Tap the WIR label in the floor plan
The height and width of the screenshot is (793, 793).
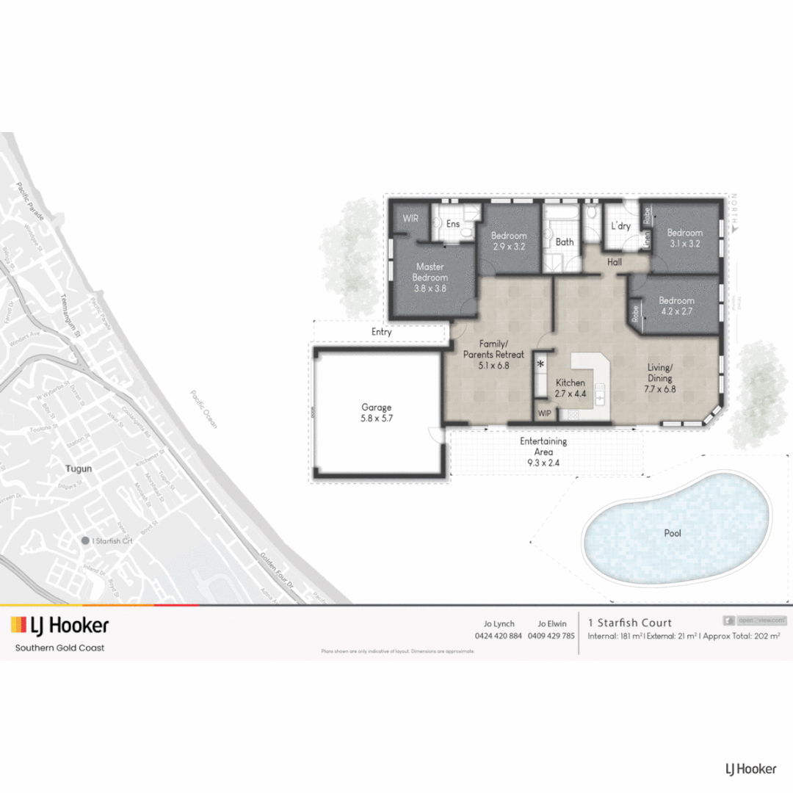410,219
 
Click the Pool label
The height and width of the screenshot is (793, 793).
673,533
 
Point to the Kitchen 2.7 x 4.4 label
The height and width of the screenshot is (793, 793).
571,388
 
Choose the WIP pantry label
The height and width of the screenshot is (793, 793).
544,413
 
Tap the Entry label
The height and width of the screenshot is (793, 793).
381,332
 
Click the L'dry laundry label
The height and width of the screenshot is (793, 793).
620,226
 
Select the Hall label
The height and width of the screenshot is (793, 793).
615,261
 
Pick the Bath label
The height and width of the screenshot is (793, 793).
565,242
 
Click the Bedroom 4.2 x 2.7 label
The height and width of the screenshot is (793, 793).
676,305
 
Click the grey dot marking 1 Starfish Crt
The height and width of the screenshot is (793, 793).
85,540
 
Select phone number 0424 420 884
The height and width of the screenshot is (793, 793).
499,636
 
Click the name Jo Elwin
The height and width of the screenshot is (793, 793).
551,623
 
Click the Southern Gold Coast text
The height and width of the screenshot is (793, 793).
59,648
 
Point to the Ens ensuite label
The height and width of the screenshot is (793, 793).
453,223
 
